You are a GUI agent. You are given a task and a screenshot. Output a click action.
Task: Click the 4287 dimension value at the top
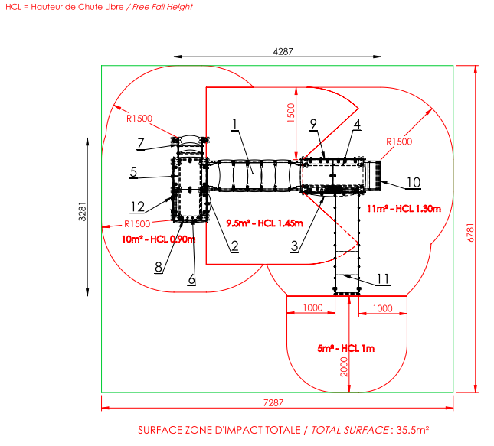pyautogui.click(x=283, y=51)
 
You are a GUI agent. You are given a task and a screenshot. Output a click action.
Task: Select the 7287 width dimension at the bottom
pyautogui.click(x=273, y=402)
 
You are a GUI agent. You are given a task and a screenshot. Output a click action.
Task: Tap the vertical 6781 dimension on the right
pyautogui.click(x=469, y=233)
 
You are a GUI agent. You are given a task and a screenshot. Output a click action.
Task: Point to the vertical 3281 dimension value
pyautogui.click(x=82, y=211)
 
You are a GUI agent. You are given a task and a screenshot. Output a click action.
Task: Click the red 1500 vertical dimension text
pyautogui.click(x=291, y=113)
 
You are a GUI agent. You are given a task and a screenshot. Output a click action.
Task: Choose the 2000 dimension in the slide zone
pyautogui.click(x=344, y=366)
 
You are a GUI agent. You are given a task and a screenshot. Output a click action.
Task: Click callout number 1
pyautogui.click(x=234, y=125)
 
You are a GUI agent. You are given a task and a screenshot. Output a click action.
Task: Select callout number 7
pyautogui.click(x=140, y=144)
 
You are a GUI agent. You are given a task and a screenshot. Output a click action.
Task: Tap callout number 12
pyautogui.click(x=137, y=207)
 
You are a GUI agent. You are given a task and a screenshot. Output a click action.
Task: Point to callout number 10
pyautogui.click(x=414, y=183)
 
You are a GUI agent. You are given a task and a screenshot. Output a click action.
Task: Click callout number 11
pyautogui.click(x=383, y=279)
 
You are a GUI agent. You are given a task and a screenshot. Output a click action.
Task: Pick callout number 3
pyautogui.click(x=295, y=246)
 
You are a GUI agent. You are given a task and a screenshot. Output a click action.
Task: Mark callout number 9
pyautogui.click(x=313, y=124)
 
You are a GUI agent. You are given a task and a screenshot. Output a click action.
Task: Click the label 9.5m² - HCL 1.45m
pyautogui.click(x=265, y=223)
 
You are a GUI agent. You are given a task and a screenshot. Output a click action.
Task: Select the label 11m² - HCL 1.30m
pyautogui.click(x=404, y=209)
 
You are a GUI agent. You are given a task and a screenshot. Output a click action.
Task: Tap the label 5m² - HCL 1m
pyautogui.click(x=345, y=348)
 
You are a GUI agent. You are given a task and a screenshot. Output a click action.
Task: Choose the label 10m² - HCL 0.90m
pyautogui.click(x=159, y=239)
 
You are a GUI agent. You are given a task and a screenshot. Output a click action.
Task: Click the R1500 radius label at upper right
pyautogui.click(x=399, y=142)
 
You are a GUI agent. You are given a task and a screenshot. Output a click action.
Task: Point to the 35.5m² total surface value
pyautogui.click(x=412, y=430)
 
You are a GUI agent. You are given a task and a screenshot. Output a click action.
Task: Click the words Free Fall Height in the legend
pyautogui.click(x=162, y=7)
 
